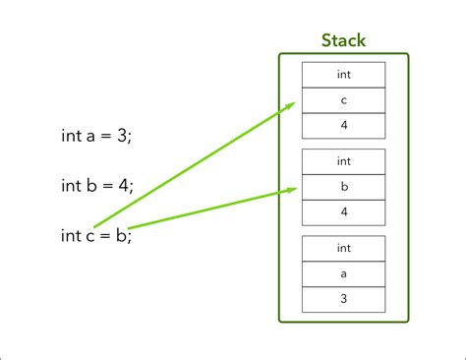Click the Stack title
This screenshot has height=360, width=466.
[343, 41]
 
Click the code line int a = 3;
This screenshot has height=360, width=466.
[96, 137]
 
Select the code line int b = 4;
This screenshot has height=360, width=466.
[96, 185]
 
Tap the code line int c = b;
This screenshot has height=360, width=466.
[95, 234]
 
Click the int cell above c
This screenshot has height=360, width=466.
[343, 75]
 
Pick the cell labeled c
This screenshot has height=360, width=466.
[343, 100]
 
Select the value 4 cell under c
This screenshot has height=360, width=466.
[343, 125]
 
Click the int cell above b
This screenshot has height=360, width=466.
[343, 161]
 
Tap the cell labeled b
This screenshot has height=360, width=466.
[343, 187]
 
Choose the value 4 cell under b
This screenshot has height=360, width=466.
[343, 211]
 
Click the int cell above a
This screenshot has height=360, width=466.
[343, 248]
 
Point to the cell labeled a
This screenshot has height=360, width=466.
[343, 273]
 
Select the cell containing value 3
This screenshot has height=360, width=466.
[343, 299]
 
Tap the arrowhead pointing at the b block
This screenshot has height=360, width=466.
[290, 190]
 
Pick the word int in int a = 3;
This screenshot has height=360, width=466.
[70, 137]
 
